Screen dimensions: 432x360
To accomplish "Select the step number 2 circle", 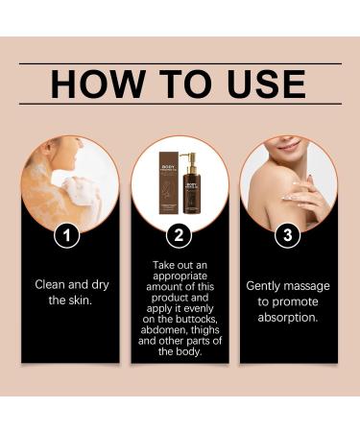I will click(179, 233).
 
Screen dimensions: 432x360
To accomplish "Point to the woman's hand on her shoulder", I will click(304, 190).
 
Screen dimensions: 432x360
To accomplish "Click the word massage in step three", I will click(308, 285).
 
